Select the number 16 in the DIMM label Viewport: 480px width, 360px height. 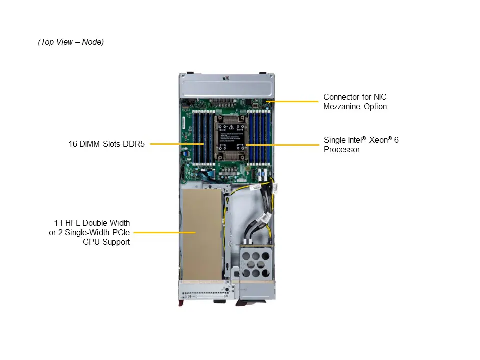pos(73,144)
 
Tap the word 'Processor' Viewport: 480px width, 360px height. pos(342,149)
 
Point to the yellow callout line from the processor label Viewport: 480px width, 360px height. pos(282,145)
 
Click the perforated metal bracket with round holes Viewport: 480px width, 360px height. pos(256,263)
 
